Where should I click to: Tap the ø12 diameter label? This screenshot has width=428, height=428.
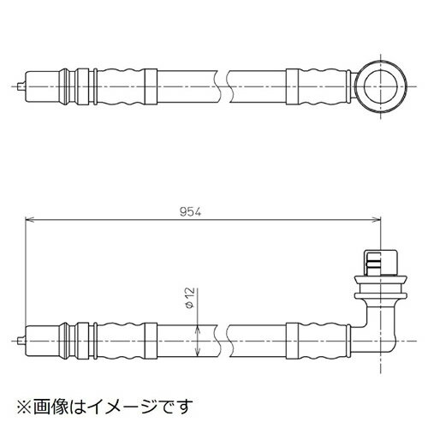click(190, 300)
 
